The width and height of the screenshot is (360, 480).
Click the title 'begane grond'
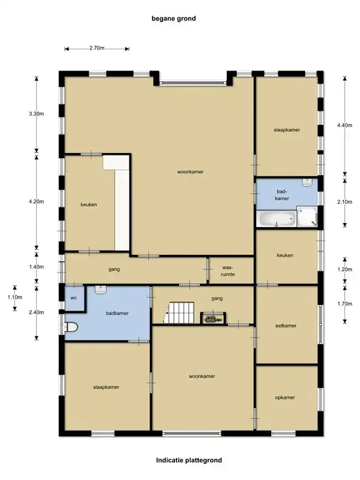tap(174, 19)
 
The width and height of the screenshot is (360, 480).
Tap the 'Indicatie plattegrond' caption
tap(189, 460)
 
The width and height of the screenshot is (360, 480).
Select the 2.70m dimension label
tap(97, 48)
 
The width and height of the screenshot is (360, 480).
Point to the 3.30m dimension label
tap(36, 114)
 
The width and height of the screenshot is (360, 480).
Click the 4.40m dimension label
tap(345, 125)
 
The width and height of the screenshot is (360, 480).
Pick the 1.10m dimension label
tap(15, 297)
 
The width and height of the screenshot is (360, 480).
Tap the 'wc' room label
tap(74, 298)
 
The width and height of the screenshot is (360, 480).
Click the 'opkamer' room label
tap(285, 397)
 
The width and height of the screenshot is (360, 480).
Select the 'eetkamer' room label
tap(286, 326)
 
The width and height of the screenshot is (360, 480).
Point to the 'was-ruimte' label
tap(227, 271)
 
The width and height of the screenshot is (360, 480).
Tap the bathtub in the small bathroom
tap(277, 219)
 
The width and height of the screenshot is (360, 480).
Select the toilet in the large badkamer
tap(71, 327)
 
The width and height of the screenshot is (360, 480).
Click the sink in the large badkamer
tap(100, 289)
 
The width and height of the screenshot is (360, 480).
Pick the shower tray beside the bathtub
tap(307, 216)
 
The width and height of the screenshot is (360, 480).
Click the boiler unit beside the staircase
tap(213, 318)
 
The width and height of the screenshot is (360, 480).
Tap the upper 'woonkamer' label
tap(191, 172)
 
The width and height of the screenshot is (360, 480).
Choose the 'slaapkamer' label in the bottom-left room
tap(106, 387)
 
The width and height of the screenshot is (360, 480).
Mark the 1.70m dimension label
tap(345, 304)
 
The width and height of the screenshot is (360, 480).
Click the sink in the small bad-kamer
tap(307, 182)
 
